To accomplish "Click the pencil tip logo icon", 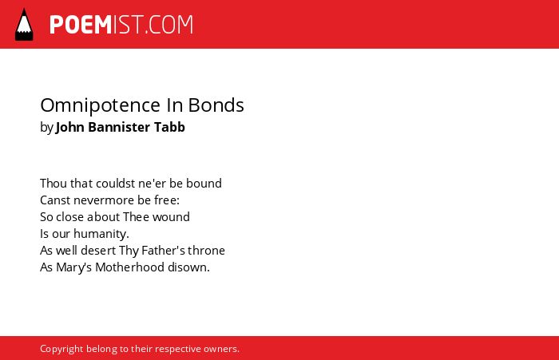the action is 24,25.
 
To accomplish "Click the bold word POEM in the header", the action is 81,25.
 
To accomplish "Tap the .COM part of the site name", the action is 168,25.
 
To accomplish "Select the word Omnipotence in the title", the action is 101,105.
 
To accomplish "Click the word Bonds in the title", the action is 216,105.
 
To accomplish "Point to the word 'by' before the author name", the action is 46,127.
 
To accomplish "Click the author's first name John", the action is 70,127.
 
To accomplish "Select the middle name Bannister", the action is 119,127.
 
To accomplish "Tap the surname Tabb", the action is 169,127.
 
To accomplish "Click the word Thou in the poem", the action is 54,184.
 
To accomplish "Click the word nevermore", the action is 103,200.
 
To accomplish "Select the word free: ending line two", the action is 167,200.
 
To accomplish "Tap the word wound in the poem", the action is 171,217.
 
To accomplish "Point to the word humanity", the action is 101,234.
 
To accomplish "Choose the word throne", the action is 206,251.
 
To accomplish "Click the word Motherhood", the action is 129,267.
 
